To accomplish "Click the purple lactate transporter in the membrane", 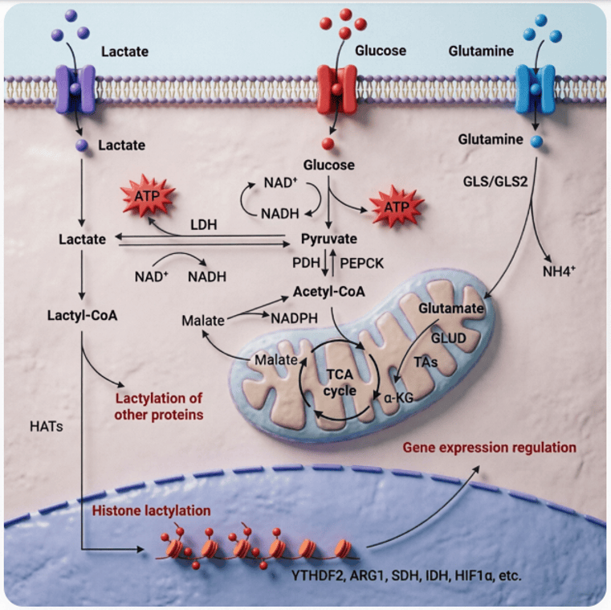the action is coord(75,89).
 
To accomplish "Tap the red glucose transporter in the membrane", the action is coord(336,89).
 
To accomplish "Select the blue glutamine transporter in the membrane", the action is coord(535,89).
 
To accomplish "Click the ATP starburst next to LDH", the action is coord(147,196).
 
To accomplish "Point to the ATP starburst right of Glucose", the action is coord(397,207).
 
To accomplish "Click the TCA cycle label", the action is coord(340,383).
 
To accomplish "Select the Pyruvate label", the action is coord(329,239).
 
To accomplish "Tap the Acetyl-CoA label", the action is coord(329,292).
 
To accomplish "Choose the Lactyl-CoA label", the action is coord(82,315).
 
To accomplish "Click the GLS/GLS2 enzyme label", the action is coord(495,182).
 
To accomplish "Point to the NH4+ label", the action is coord(559,271).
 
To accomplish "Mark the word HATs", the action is coord(47,426).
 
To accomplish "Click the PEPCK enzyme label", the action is coord(361,264).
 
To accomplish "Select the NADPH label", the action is coord(294,318).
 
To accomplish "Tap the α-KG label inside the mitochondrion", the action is coord(398,398).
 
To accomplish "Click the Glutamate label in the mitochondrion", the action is coord(451,309).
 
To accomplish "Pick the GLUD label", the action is coord(449,338).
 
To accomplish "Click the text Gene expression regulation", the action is coord(490,448).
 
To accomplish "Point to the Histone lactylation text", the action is coord(151,510).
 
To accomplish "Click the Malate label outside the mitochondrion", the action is coord(203,321).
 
